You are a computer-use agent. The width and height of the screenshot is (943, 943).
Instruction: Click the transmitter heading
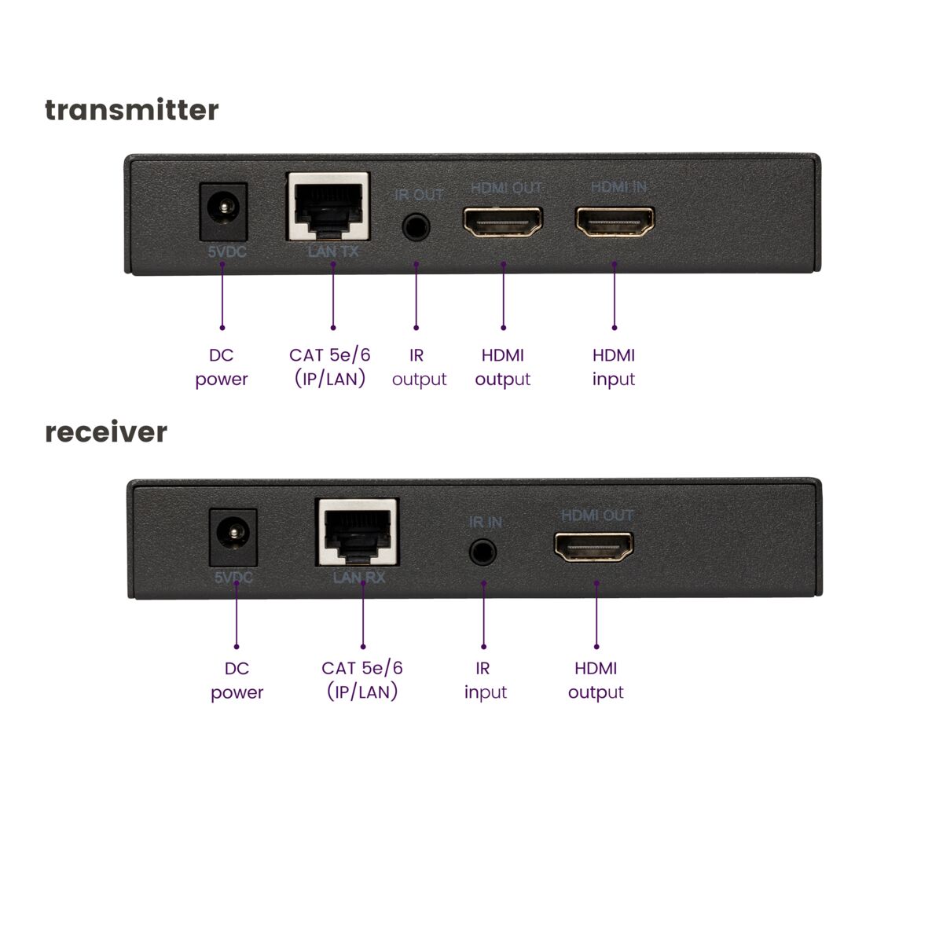click(131, 110)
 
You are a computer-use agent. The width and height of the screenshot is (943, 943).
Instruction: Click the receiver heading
click(106, 432)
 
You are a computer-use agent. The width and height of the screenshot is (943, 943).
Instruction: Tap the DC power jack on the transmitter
click(224, 211)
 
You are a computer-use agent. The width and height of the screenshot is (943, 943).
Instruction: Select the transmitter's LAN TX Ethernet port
click(329, 207)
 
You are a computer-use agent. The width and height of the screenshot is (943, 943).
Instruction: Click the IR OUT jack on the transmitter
click(416, 228)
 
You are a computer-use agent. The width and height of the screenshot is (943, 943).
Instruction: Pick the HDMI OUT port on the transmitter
click(503, 222)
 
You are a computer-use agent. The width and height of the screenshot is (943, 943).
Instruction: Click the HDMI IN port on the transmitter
click(615, 222)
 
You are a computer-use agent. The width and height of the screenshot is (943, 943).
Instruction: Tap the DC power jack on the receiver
click(233, 537)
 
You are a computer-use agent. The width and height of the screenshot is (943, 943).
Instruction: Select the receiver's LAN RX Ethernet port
click(358, 532)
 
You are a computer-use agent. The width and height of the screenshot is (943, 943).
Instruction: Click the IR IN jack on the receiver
click(483, 552)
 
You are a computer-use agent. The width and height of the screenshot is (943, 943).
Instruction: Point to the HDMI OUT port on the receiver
click(594, 547)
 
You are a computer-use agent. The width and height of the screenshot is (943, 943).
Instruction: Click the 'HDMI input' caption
click(614, 367)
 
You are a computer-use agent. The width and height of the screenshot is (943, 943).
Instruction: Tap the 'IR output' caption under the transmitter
click(418, 367)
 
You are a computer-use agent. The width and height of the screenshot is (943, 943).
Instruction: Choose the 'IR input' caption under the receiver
click(484, 681)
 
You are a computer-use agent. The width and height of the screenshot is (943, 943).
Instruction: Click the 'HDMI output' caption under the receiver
click(596, 681)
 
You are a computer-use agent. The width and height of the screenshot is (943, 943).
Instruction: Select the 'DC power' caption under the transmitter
click(222, 367)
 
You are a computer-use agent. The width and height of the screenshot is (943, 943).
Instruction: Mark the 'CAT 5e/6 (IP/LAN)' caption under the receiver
click(361, 681)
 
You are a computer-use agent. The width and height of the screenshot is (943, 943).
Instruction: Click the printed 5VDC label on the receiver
click(233, 578)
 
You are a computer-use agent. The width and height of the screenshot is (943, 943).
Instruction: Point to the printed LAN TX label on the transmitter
click(333, 251)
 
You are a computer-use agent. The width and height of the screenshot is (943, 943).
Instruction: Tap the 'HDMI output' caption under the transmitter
click(503, 367)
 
